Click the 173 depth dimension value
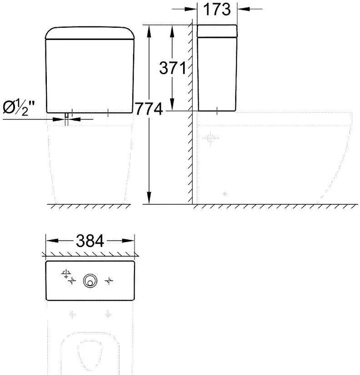[217, 9]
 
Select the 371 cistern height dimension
[173, 68]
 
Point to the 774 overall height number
[149, 109]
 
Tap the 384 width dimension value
[90, 241]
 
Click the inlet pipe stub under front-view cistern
[66, 117]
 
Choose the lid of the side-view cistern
[217, 31]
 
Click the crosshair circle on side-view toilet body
[210, 137]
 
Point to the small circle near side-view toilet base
[225, 194]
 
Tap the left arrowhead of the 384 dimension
[50, 241]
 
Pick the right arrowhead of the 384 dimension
[131, 241]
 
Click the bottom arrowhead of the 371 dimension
[173, 106]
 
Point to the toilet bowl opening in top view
[90, 357]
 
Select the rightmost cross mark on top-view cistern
[108, 282]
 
